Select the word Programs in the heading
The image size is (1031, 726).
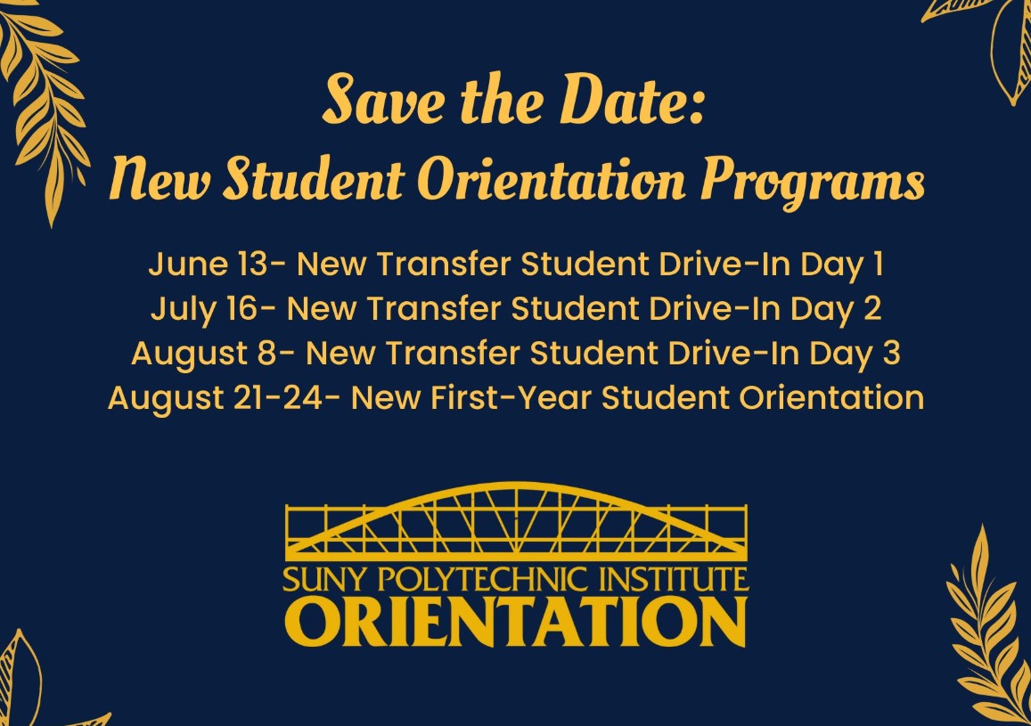click(812, 183)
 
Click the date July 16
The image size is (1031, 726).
click(205, 309)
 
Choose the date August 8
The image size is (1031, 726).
click(205, 354)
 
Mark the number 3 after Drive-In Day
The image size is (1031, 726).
click(891, 354)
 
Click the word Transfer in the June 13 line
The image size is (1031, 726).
click(444, 264)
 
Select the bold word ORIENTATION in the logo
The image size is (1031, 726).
click(516, 621)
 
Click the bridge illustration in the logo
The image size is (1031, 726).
click(517, 523)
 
